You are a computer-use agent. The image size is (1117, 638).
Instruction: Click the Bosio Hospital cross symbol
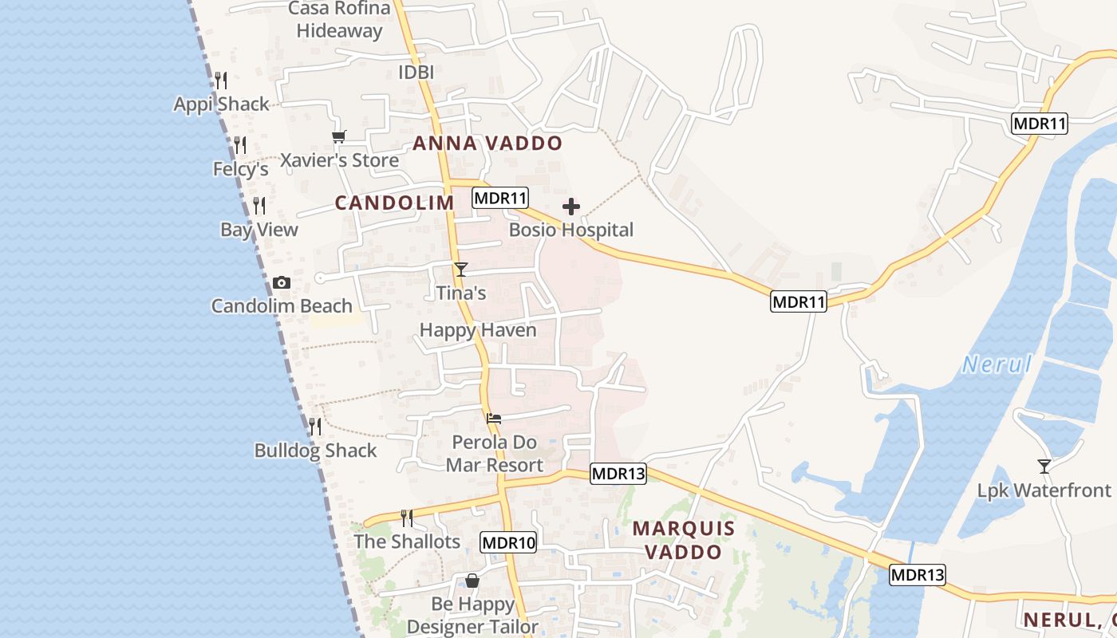(571, 207)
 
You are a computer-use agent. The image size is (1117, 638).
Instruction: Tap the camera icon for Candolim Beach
(281, 282)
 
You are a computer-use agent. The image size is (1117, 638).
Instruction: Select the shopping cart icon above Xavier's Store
(339, 137)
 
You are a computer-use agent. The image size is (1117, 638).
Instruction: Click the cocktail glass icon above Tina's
(460, 270)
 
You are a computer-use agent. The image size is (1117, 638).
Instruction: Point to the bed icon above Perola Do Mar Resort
(494, 418)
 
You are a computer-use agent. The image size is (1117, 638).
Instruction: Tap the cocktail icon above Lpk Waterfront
(1044, 466)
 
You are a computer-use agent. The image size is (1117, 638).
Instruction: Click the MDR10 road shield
(509, 543)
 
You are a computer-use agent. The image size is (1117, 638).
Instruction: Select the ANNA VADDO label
(487, 144)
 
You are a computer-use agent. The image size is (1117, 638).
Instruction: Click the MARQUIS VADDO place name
(683, 540)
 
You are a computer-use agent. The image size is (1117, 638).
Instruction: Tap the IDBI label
(416, 73)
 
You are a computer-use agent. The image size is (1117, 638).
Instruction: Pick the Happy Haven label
(478, 330)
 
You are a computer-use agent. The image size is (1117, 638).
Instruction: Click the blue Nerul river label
(997, 365)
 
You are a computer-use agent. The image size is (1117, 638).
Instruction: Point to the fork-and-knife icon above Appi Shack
(221, 80)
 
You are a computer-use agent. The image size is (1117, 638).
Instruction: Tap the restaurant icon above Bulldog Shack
(315, 427)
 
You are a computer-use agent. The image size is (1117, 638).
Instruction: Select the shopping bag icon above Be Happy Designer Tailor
(472, 580)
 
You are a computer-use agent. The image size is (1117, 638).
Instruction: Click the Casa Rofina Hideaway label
(340, 20)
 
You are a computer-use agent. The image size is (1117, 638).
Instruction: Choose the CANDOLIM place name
(394, 203)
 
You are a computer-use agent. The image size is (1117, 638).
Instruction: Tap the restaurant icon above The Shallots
(407, 518)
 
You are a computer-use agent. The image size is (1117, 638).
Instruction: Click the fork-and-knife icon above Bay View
(259, 206)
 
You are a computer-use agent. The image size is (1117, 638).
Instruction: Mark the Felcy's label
(240, 169)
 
